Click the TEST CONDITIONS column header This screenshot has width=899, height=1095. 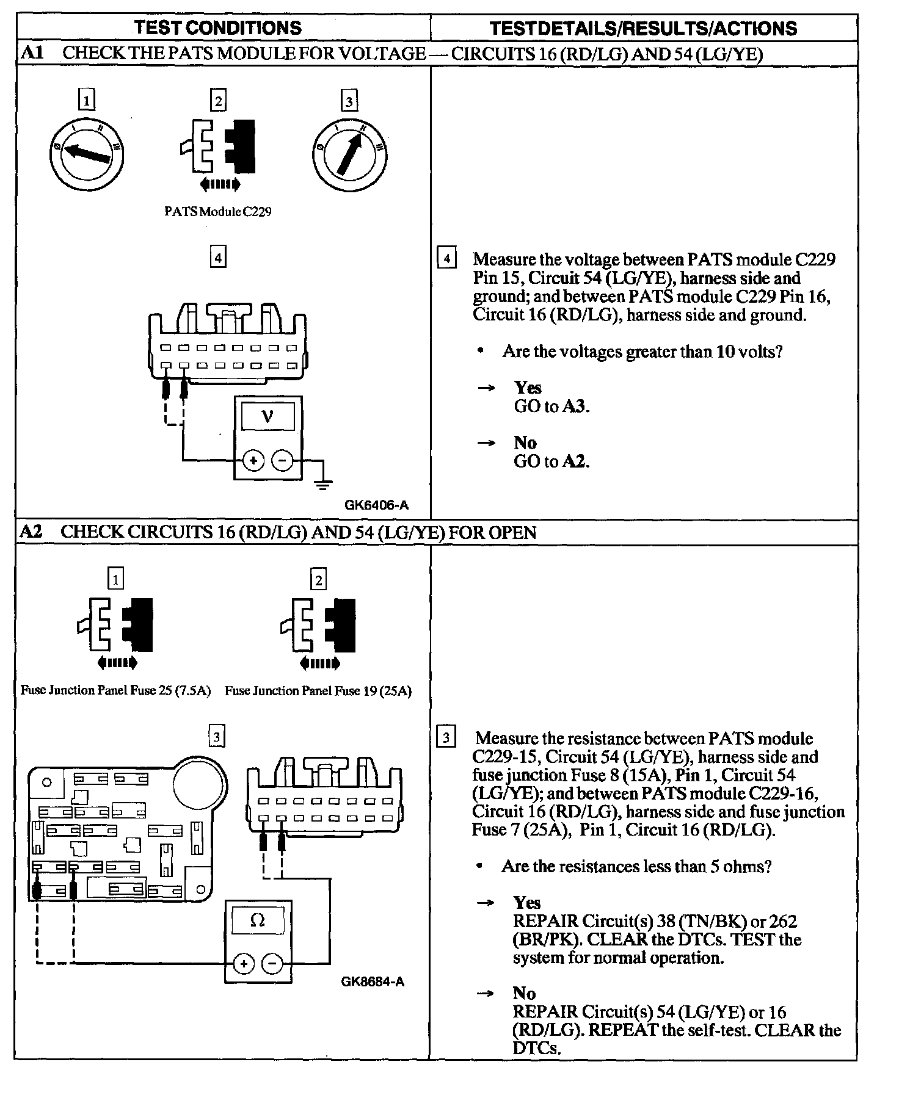(x=217, y=27)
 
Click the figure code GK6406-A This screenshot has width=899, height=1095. (x=376, y=505)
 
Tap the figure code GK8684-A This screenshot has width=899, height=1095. (x=373, y=981)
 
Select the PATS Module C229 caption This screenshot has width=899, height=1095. (x=218, y=212)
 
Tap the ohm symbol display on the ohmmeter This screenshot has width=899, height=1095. (x=258, y=920)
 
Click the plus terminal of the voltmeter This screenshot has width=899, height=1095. (x=253, y=461)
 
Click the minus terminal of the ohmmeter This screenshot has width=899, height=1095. (x=272, y=964)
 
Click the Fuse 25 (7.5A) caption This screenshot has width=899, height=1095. (x=115, y=690)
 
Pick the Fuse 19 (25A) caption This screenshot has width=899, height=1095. (x=318, y=691)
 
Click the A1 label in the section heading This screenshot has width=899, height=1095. (x=31, y=53)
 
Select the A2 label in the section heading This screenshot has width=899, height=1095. (x=31, y=532)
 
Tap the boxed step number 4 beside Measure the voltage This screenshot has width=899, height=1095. (x=447, y=259)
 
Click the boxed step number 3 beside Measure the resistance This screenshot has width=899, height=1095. (x=446, y=738)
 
